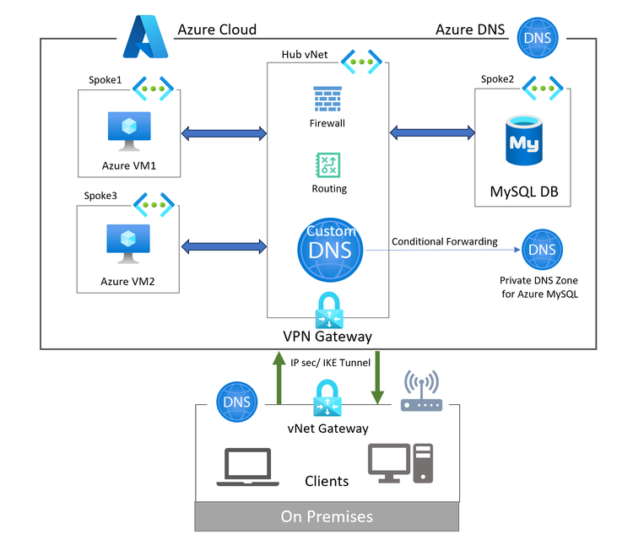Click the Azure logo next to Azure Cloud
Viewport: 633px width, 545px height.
[146, 37]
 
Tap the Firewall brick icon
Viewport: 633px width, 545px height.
[327, 100]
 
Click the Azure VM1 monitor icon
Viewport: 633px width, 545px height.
[128, 132]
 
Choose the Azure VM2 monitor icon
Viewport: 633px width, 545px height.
[128, 244]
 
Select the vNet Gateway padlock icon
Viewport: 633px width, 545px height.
[327, 398]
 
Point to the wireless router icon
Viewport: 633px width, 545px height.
[421, 393]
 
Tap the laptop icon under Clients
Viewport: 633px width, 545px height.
[244, 467]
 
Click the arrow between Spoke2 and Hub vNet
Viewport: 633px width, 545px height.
[432, 132]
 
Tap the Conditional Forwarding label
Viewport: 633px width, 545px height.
[445, 242]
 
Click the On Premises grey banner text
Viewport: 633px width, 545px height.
[327, 515]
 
